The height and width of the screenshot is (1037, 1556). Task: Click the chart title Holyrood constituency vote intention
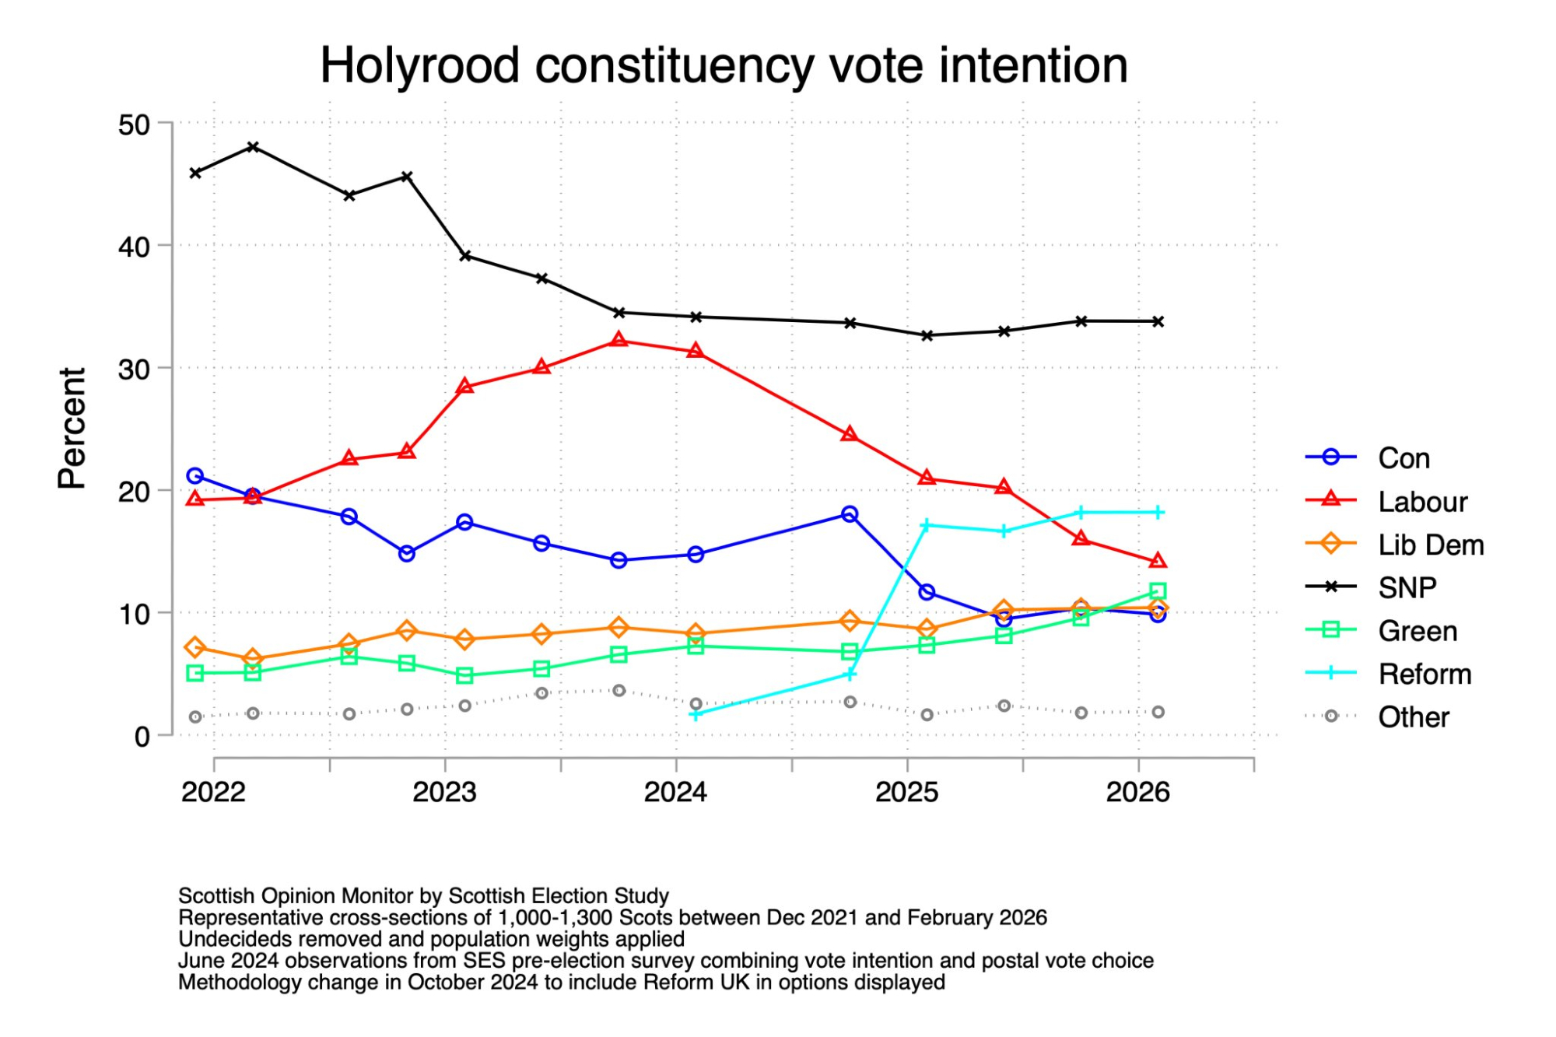coord(724,65)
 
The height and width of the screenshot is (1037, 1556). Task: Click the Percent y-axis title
coord(72,428)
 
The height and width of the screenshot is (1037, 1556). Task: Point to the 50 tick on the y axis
coord(134,124)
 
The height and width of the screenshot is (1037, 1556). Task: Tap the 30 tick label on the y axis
coord(134,370)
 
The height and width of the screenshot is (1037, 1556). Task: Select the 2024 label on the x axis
coord(675,792)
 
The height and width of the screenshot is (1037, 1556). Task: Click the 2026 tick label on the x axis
coord(1137,792)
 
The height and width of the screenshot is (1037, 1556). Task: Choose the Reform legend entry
coord(1425,674)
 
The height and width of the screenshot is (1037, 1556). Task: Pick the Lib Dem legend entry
coord(1430,545)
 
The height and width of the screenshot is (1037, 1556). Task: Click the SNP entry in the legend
coord(1407,587)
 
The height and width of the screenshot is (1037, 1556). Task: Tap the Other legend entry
coord(1414,716)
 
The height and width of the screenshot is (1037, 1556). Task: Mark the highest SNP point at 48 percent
coord(253,147)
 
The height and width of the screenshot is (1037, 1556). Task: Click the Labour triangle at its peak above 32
coord(619,340)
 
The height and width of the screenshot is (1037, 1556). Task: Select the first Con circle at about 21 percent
coord(195,475)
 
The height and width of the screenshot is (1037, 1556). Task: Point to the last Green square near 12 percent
coord(1158,590)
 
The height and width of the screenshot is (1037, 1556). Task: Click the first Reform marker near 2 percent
coord(696,713)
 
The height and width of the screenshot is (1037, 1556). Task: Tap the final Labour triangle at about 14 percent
coord(1158,560)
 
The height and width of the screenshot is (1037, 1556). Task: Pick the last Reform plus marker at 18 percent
coord(1158,512)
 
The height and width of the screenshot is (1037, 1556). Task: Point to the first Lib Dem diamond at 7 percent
coord(195,647)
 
